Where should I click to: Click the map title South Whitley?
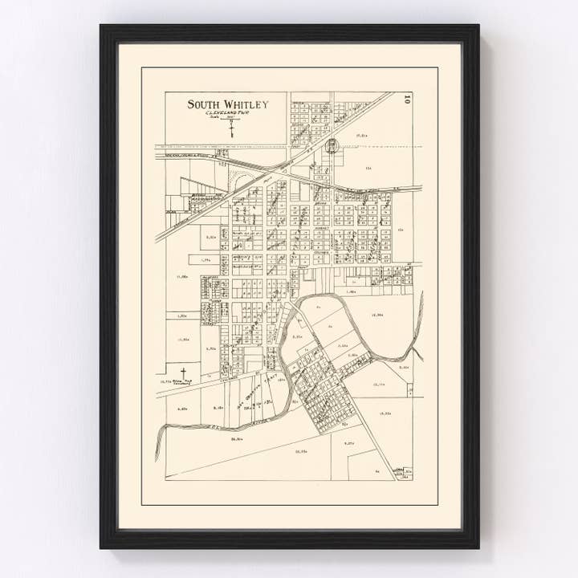(x=228, y=104)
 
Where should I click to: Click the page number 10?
(x=408, y=100)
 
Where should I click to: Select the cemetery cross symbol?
(x=183, y=372)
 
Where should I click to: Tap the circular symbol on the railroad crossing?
(x=332, y=145)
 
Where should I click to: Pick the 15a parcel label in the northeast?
(x=368, y=168)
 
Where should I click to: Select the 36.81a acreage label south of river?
(x=237, y=439)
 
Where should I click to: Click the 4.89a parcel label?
(x=181, y=408)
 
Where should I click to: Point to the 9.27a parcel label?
(x=348, y=443)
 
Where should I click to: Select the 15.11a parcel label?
(x=380, y=384)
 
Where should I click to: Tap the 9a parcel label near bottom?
(x=377, y=471)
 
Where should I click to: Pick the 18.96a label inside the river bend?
(x=378, y=315)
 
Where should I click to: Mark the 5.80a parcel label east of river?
(x=404, y=367)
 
